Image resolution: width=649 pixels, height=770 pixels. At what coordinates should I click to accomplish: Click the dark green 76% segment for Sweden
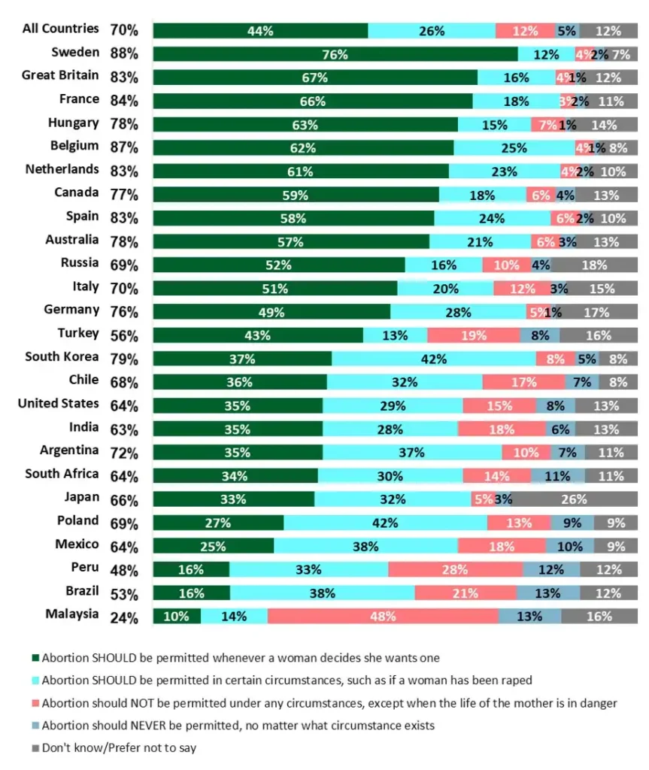(335, 54)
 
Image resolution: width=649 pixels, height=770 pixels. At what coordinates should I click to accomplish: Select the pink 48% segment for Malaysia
(383, 616)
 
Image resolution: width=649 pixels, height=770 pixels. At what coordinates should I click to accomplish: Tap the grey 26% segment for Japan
(575, 499)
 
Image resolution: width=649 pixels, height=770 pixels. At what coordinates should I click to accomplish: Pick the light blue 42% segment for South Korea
(433, 359)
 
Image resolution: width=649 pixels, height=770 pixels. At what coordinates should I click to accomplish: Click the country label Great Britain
(60, 75)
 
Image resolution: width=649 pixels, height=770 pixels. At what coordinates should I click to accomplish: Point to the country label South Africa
(62, 474)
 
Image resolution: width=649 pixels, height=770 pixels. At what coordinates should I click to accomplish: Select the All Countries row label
(60, 29)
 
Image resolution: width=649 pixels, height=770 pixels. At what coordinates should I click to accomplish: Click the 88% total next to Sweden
(124, 54)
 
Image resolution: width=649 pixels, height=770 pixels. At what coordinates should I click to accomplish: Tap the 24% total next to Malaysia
(124, 618)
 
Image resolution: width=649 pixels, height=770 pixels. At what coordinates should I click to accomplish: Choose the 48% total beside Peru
(124, 571)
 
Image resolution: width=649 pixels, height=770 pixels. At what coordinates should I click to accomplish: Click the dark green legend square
(35, 658)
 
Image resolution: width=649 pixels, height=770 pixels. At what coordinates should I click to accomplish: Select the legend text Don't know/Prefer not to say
(119, 749)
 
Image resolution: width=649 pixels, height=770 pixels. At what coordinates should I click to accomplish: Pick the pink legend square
(35, 704)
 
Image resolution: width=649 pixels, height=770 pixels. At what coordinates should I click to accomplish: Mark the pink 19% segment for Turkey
(474, 335)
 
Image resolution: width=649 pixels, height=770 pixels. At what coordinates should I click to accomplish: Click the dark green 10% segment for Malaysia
(177, 616)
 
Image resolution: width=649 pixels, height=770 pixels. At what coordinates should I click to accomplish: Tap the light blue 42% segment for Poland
(385, 523)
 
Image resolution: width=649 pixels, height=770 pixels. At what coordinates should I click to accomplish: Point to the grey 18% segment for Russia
(594, 265)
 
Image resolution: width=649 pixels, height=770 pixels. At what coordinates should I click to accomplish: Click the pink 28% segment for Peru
(455, 569)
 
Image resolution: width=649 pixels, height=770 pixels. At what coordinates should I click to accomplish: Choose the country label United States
(59, 404)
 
